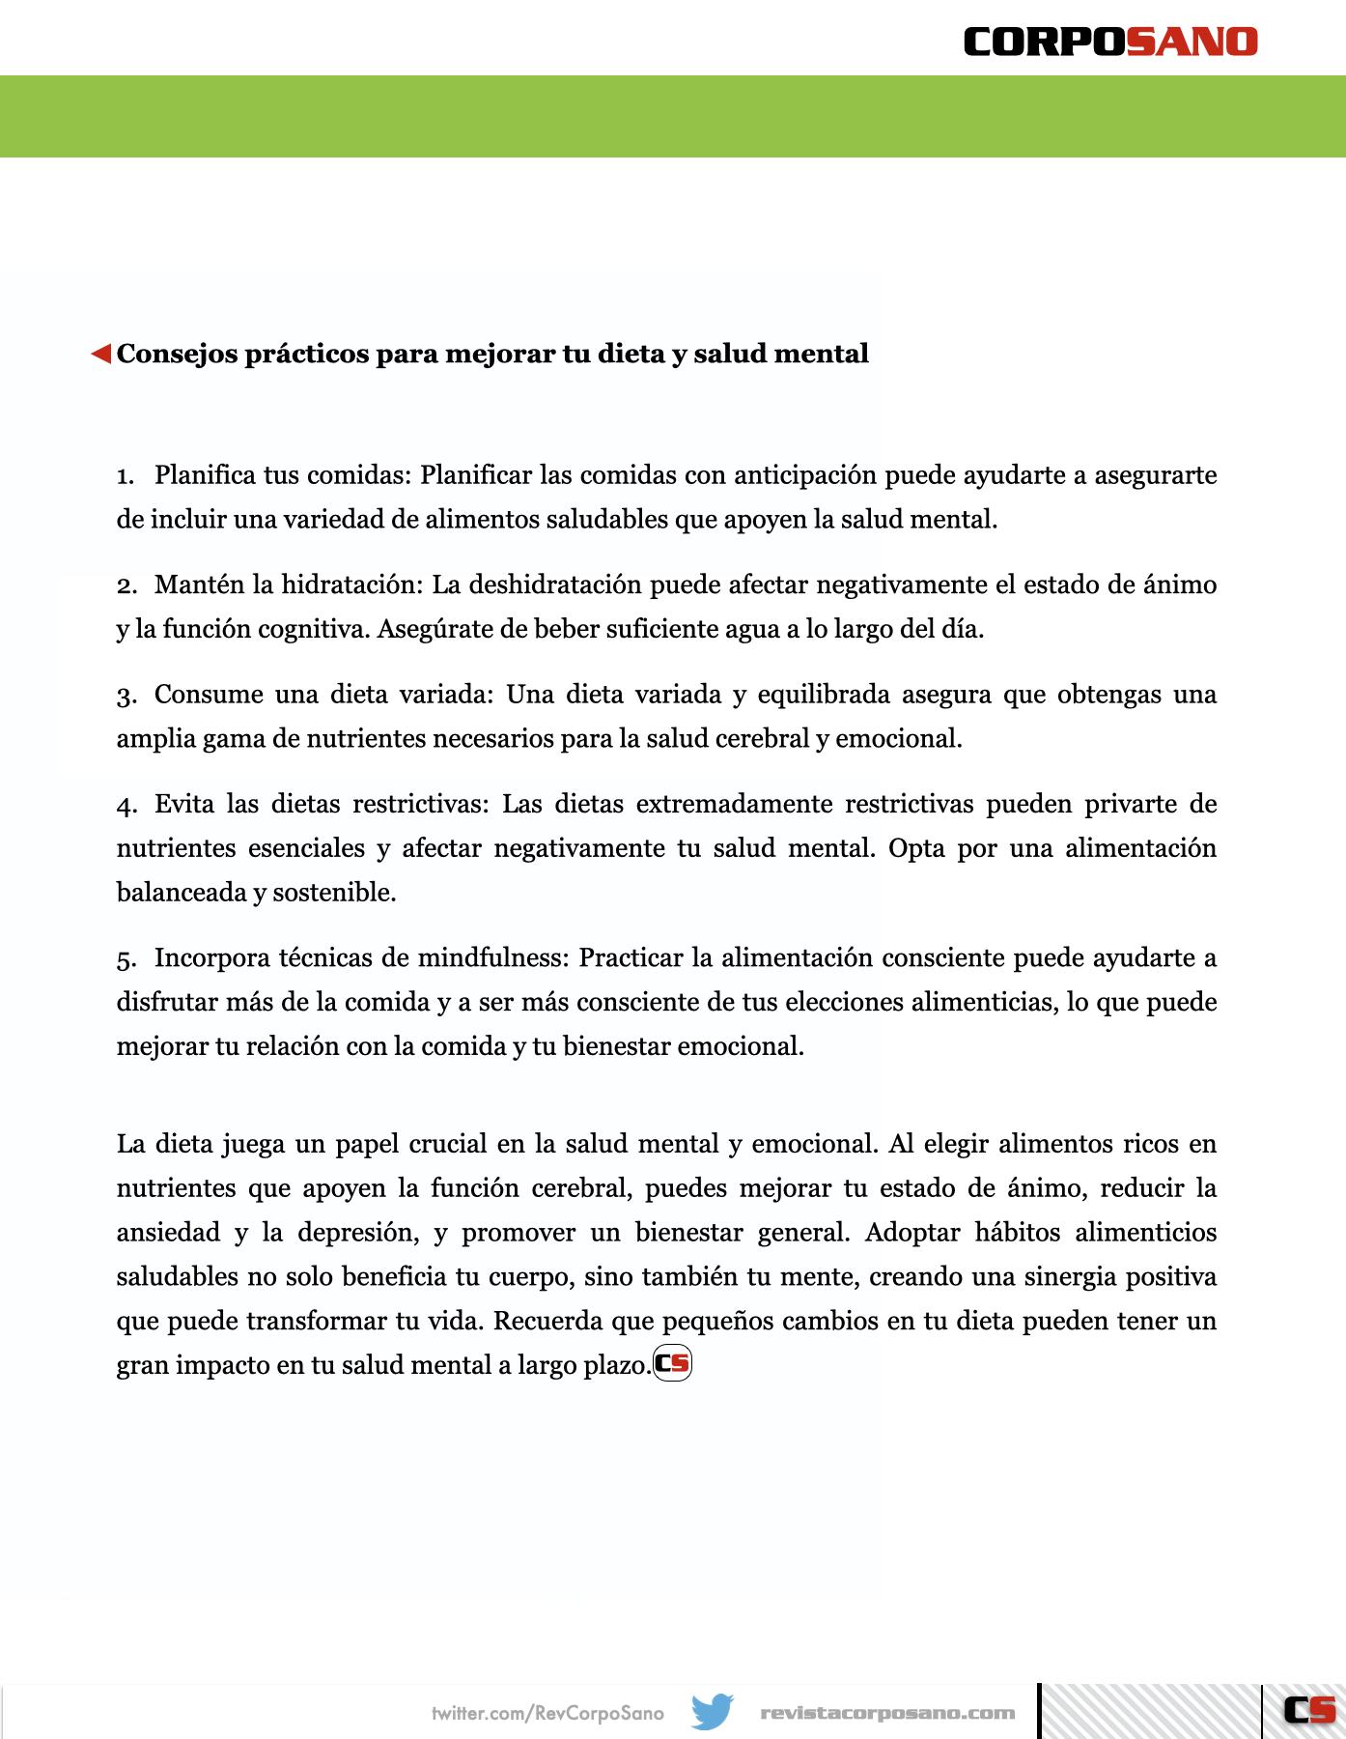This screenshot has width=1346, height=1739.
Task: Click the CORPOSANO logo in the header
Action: (1110, 42)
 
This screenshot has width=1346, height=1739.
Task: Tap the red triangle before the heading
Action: (101, 355)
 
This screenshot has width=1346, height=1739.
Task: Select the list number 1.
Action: (125, 476)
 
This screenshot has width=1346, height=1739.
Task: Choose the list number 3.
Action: (126, 696)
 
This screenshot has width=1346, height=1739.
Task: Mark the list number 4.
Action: (126, 805)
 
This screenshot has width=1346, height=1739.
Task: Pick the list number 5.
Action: (126, 959)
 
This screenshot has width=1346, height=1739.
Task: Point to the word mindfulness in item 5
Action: (492, 957)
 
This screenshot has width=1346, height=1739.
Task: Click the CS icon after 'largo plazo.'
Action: (673, 1363)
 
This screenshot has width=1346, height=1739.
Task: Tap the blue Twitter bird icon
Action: (713, 1712)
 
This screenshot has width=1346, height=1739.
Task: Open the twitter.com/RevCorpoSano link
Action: (547, 1713)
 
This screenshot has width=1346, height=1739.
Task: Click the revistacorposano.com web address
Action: (887, 1713)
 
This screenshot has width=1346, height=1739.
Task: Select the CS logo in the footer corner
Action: (1309, 1710)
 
